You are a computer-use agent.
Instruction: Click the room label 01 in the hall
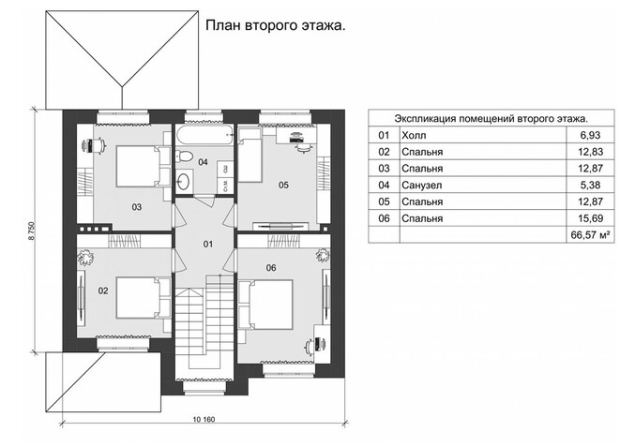click(x=207, y=244)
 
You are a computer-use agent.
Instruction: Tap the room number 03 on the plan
click(x=137, y=207)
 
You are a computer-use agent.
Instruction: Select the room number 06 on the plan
click(x=271, y=268)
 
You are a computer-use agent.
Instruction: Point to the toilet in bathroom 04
click(x=185, y=156)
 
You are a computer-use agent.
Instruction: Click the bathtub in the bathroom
click(x=204, y=132)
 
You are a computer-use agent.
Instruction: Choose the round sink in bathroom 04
click(x=185, y=181)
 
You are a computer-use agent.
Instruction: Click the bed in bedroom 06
click(x=265, y=305)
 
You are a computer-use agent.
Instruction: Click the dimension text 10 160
click(x=204, y=419)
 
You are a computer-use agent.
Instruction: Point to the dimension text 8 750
click(x=31, y=231)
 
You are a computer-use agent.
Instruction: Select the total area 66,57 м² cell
click(x=591, y=235)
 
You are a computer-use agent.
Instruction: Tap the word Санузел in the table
click(x=421, y=186)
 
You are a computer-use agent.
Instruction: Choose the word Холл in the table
click(x=414, y=135)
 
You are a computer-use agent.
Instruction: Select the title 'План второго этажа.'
click(x=276, y=25)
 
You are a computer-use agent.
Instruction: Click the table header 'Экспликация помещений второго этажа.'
click(x=491, y=119)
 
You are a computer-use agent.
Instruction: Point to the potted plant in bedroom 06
click(x=323, y=255)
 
